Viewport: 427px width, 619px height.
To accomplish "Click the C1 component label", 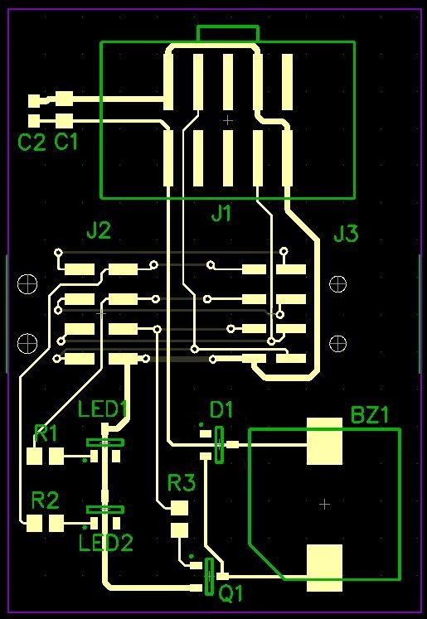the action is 66,143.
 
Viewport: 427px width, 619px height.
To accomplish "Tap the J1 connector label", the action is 221,214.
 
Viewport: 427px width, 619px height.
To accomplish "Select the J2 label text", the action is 99,231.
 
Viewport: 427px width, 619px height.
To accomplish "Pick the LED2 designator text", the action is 106,544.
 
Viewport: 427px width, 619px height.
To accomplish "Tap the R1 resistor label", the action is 46,434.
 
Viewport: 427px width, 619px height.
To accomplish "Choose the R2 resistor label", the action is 46,501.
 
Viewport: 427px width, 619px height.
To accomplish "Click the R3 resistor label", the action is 182,483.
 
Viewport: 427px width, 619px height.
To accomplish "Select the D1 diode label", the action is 221,411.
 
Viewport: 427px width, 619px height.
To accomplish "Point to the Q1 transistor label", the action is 231,594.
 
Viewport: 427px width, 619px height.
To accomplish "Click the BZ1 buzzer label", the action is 370,416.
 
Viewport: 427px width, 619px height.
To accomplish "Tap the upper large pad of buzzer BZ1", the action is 325,441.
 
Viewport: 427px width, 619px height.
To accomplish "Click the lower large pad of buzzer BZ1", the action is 325,568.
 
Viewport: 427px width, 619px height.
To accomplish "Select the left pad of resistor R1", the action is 34,457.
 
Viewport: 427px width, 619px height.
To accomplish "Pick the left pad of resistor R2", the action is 34,524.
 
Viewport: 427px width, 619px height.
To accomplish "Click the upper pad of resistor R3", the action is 179,509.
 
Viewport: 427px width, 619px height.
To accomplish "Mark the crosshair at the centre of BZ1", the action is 324,504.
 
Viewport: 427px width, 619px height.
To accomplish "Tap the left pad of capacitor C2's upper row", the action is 36,100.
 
